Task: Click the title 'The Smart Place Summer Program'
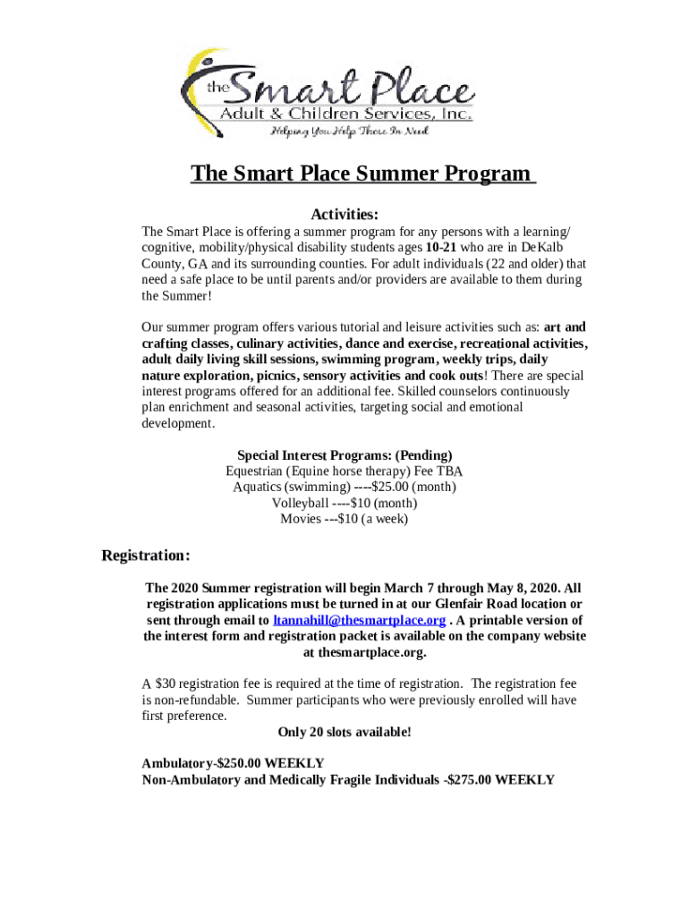pos(362,173)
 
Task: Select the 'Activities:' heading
pos(344,215)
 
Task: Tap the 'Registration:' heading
pos(145,556)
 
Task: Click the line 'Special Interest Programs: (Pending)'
pos(344,454)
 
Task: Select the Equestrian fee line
pos(344,471)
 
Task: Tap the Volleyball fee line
pos(344,503)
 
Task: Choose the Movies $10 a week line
pos(344,519)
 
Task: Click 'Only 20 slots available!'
pos(344,732)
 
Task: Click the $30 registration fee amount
pos(165,683)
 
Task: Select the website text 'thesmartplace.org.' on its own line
pos(362,652)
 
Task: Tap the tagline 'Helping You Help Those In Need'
pos(350,131)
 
